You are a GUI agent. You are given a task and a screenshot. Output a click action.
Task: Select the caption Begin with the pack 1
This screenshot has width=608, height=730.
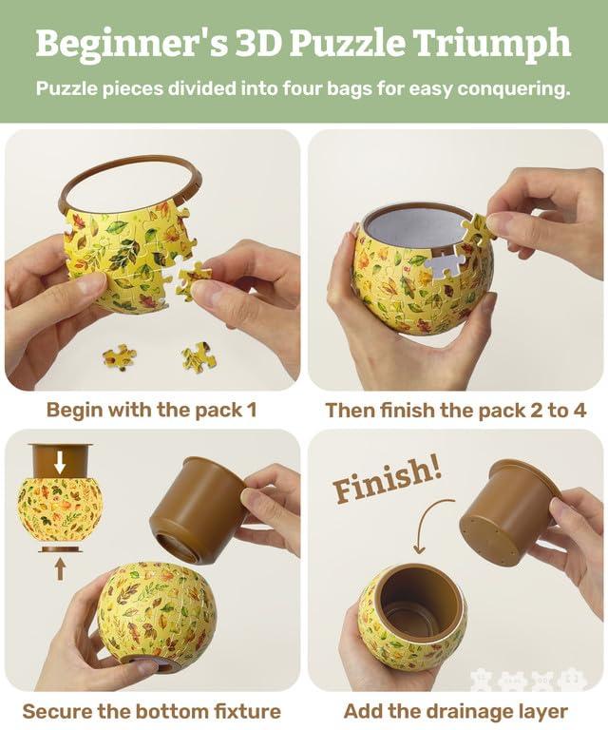tap(152, 411)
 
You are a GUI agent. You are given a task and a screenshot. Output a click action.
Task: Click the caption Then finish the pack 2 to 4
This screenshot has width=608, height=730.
tap(456, 411)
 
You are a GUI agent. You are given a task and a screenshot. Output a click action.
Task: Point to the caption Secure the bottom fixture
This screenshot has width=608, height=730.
tap(152, 711)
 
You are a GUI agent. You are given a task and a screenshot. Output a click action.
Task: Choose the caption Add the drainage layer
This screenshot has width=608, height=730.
tap(456, 711)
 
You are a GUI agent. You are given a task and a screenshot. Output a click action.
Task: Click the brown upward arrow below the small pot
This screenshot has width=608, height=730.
tap(60, 568)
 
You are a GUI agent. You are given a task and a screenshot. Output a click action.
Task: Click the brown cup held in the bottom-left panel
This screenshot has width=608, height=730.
tap(199, 509)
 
